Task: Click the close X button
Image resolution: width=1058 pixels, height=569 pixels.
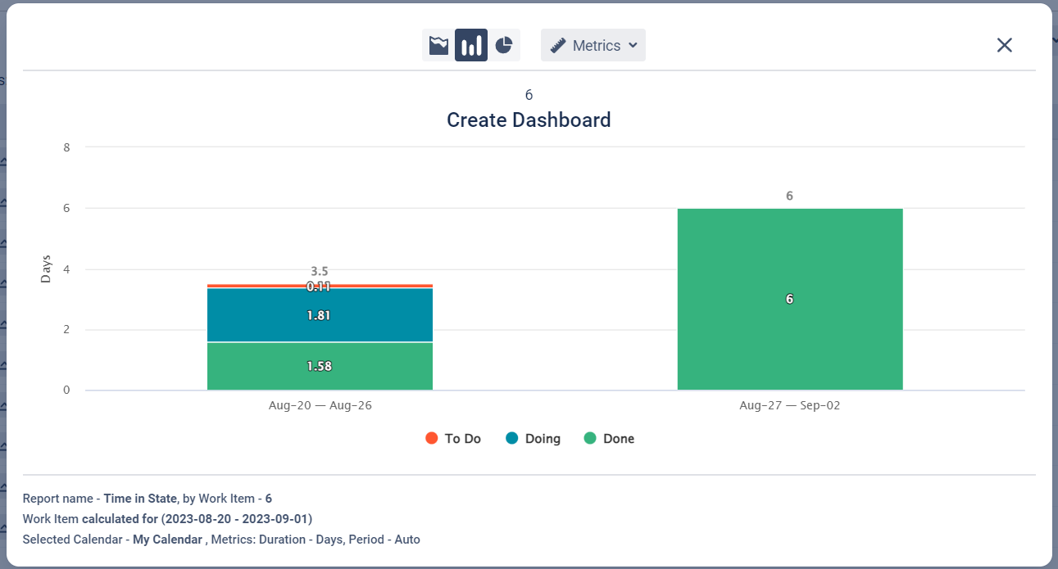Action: (x=1004, y=46)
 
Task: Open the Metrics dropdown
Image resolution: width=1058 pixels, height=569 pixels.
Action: (x=593, y=46)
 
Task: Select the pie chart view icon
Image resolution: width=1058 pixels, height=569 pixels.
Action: (x=504, y=46)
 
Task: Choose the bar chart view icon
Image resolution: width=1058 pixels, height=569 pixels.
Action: (x=471, y=46)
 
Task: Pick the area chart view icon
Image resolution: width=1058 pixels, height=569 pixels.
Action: (x=438, y=46)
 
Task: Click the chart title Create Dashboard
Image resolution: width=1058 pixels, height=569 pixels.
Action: (x=529, y=120)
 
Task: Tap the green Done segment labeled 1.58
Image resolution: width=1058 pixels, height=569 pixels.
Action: (x=320, y=366)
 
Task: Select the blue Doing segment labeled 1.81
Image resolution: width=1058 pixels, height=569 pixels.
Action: (x=320, y=315)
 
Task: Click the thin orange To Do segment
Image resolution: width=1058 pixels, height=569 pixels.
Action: (x=246, y=286)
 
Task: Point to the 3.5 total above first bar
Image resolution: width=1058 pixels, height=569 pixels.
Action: (x=320, y=271)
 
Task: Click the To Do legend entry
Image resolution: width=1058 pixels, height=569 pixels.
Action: (x=453, y=439)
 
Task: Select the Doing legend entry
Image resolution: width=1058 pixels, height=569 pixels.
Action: (x=534, y=439)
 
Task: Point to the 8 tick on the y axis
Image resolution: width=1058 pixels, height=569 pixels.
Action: (x=67, y=148)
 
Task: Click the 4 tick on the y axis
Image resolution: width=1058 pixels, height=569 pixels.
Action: (x=67, y=269)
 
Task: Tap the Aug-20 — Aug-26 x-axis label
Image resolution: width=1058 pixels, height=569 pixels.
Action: (x=320, y=406)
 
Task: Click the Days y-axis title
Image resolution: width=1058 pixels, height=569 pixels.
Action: (x=46, y=269)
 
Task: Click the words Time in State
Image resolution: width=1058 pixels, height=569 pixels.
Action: (x=140, y=498)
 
